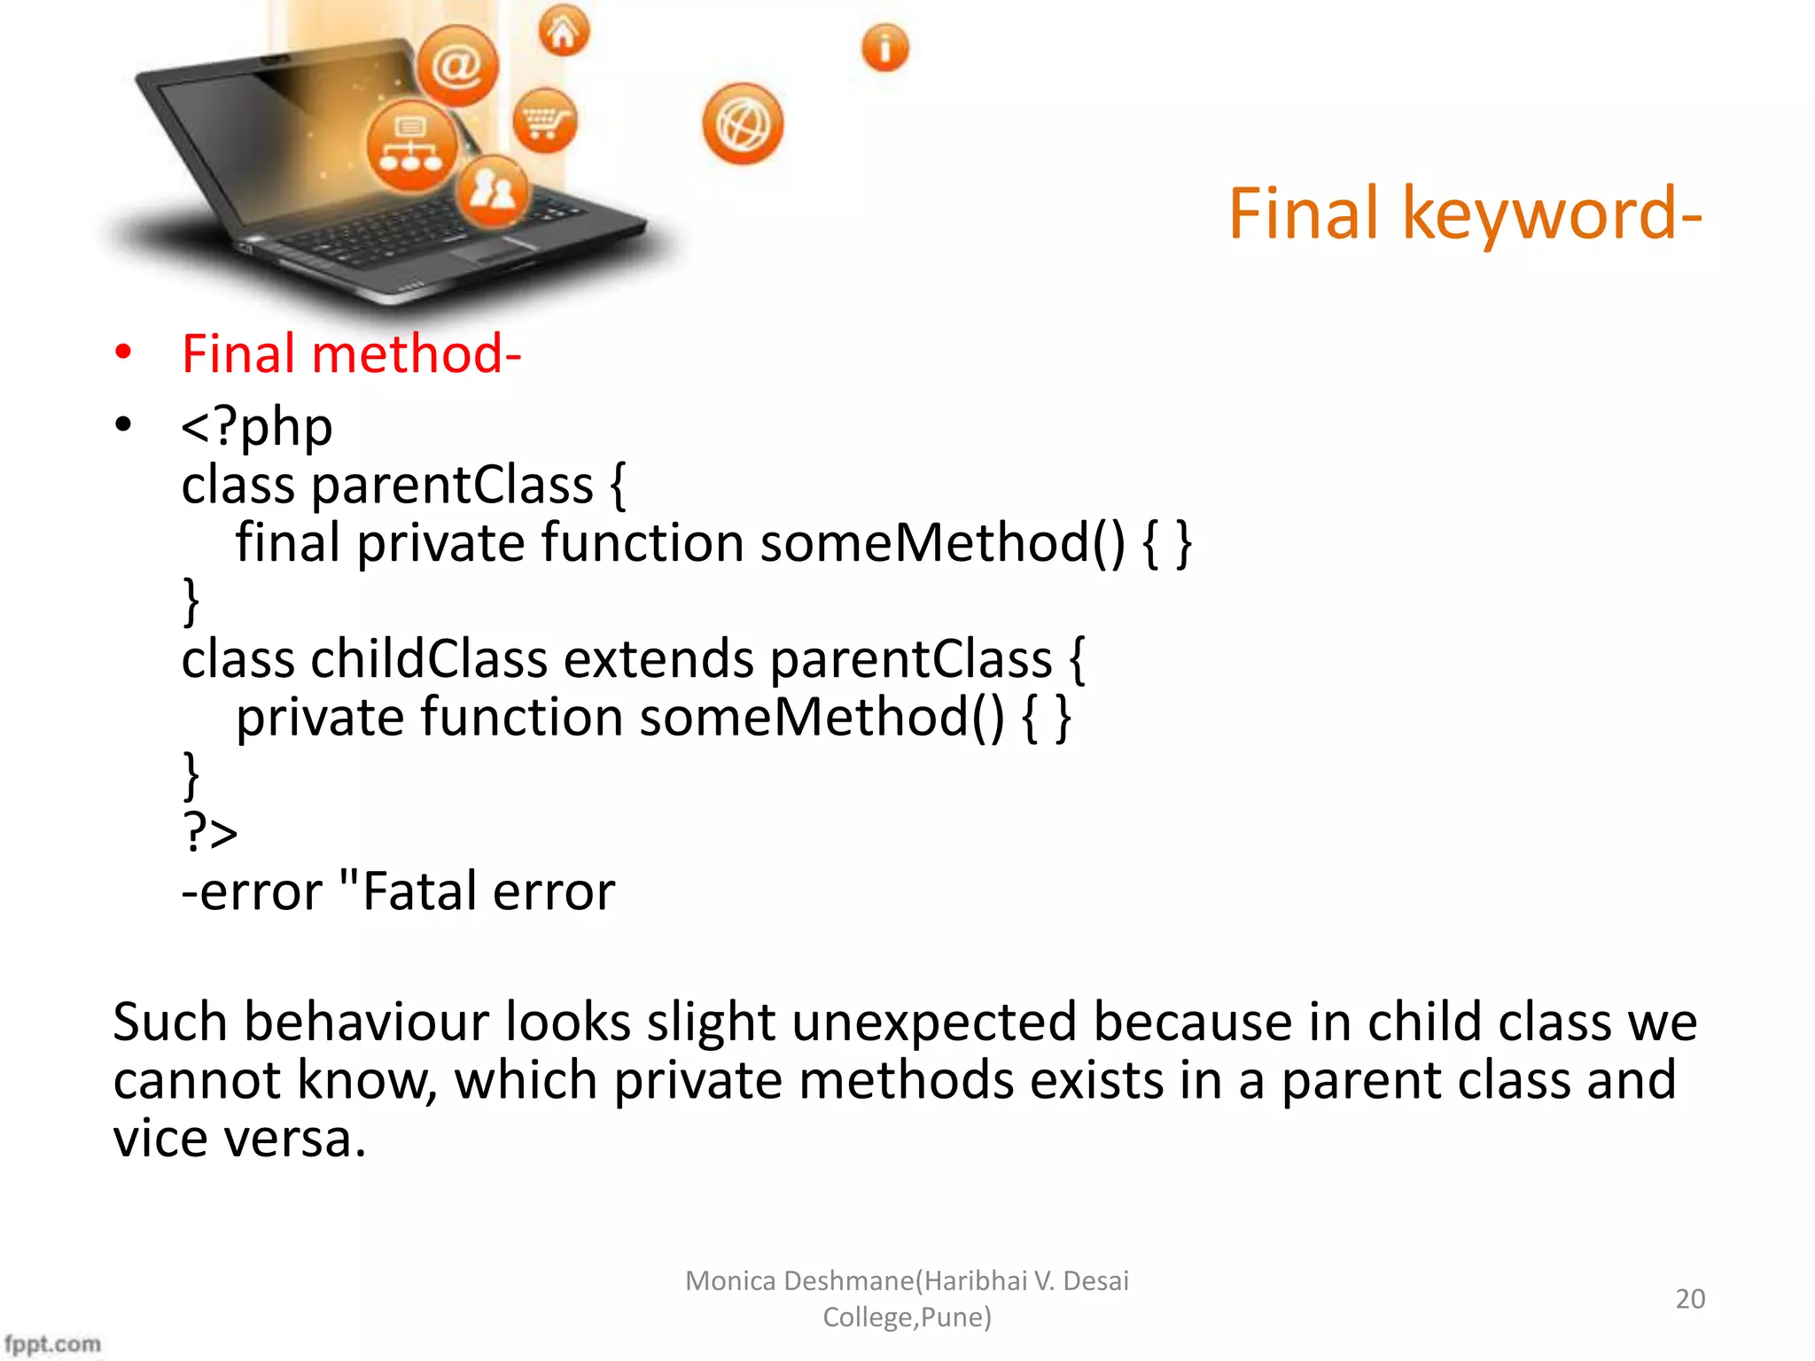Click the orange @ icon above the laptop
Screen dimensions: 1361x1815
point(457,66)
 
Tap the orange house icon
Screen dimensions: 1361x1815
point(564,32)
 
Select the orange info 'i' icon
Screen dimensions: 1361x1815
point(884,48)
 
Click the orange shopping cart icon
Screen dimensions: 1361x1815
point(544,121)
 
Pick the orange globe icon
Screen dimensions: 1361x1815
point(743,125)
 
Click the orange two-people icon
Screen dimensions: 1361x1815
point(493,190)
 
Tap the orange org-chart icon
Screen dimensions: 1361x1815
point(411,146)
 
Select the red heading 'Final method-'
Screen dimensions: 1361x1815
point(351,354)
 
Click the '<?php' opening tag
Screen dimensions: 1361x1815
point(257,427)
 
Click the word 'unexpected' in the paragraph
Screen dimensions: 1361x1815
point(933,1022)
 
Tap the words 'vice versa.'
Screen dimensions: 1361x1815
point(239,1139)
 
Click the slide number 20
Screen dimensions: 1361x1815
point(1689,1298)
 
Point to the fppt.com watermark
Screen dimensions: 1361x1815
point(53,1343)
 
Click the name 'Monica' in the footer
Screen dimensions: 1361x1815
point(730,1280)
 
